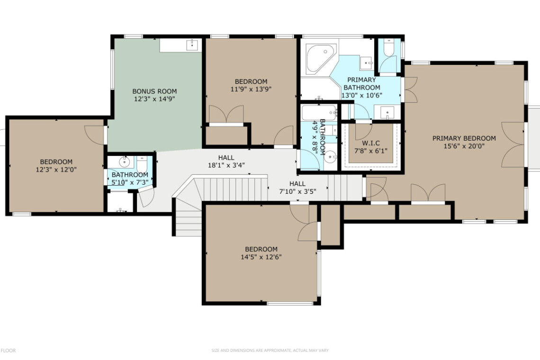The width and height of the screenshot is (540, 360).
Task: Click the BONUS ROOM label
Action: pyautogui.click(x=154, y=91)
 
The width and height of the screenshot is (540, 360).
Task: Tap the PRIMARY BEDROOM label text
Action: pyautogui.click(x=464, y=138)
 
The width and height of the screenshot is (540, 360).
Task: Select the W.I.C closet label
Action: pyautogui.click(x=371, y=143)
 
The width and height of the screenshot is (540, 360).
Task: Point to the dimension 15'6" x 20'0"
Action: pyautogui.click(x=464, y=146)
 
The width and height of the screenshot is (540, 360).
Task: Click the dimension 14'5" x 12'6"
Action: pyautogui.click(x=261, y=257)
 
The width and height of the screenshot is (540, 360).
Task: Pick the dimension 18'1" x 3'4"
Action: pyautogui.click(x=226, y=165)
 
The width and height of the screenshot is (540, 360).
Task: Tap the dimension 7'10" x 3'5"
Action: pyautogui.click(x=297, y=191)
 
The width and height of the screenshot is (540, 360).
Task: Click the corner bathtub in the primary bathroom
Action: pyautogui.click(x=321, y=58)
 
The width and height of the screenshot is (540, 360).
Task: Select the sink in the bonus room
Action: pyautogui.click(x=192, y=45)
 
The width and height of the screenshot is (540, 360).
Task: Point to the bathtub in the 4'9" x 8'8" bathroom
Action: pyautogui.click(x=319, y=112)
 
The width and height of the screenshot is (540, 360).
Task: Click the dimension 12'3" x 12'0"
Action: pyautogui.click(x=56, y=170)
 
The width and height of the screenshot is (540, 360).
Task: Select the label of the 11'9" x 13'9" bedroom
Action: pyautogui.click(x=251, y=81)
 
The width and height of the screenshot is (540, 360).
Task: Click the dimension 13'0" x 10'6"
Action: pyautogui.click(x=361, y=95)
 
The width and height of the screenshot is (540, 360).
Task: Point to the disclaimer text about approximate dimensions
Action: pyautogui.click(x=270, y=351)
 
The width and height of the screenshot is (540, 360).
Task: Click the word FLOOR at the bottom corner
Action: pyautogui.click(x=8, y=351)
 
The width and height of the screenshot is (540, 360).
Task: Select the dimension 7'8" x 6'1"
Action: pyautogui.click(x=371, y=151)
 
